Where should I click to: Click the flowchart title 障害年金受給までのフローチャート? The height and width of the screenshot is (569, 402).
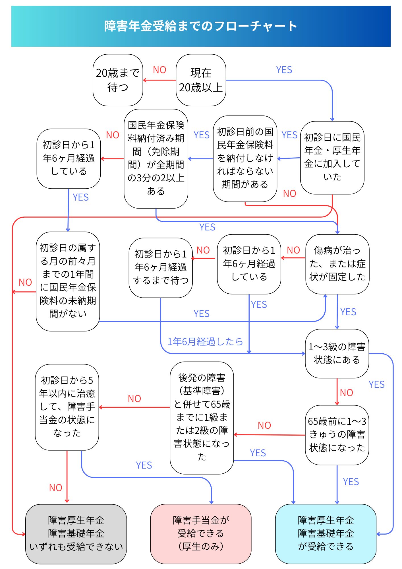point(201,26)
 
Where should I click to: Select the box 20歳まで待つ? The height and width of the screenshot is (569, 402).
point(118,80)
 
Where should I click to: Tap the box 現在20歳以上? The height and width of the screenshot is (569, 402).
point(201,80)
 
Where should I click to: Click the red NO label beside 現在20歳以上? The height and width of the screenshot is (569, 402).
point(159,70)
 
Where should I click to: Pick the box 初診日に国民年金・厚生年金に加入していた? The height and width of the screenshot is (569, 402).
point(332,158)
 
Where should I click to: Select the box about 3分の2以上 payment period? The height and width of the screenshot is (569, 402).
point(156,158)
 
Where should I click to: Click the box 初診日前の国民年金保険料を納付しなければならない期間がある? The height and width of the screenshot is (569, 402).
point(245,158)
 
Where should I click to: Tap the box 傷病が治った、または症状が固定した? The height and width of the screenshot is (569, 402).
point(337,264)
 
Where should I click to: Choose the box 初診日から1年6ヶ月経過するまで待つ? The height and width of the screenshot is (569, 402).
point(161,267)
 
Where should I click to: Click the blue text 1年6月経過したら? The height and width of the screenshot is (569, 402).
point(205,341)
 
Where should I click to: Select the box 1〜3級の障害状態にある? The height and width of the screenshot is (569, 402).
point(337,353)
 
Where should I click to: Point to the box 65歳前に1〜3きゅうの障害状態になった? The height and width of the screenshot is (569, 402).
point(337,435)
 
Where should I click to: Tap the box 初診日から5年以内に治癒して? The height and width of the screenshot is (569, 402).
point(67,407)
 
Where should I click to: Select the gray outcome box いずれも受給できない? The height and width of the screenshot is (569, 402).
point(76,534)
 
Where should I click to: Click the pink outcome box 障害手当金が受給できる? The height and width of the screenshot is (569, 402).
point(201,534)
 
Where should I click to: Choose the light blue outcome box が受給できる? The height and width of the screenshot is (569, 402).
point(326,534)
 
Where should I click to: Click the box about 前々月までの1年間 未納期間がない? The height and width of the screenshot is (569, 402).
point(68,281)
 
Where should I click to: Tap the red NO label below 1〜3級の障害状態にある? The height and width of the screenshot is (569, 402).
point(346,393)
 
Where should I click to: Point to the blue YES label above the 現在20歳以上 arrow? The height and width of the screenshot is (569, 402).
point(284,70)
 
